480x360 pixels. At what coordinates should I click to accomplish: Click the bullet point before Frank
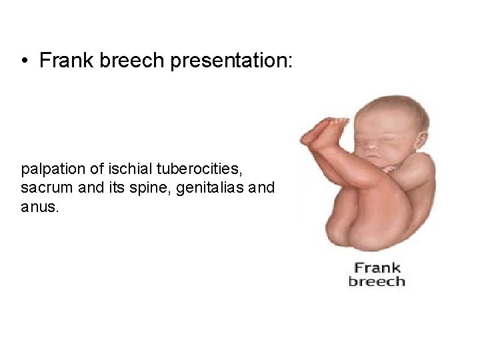click(24, 62)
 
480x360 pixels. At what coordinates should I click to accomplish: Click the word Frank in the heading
click(64, 62)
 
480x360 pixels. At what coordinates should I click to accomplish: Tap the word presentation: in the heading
click(231, 62)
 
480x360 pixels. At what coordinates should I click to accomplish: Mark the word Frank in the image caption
click(377, 268)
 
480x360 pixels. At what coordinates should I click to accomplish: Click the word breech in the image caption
click(377, 281)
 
